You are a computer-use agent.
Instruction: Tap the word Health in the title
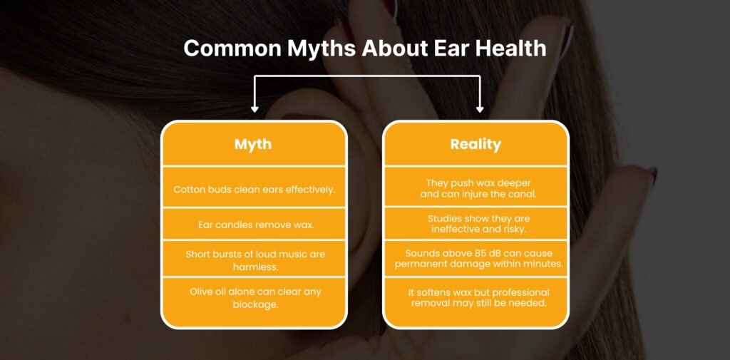(x=507, y=48)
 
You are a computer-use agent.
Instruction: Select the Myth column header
(x=253, y=144)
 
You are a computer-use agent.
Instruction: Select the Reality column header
(x=475, y=144)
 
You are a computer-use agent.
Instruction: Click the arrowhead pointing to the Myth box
(x=255, y=108)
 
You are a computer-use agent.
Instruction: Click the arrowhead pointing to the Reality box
(x=480, y=108)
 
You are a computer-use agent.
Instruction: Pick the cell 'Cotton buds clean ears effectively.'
(x=254, y=189)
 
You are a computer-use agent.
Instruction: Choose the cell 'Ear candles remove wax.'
(x=254, y=225)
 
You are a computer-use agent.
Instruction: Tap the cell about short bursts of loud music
(x=254, y=259)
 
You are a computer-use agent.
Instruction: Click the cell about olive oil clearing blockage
(x=254, y=297)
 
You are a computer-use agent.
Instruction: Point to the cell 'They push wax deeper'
(x=475, y=187)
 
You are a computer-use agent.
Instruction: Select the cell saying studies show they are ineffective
(x=475, y=224)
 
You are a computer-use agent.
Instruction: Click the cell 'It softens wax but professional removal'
(x=475, y=297)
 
